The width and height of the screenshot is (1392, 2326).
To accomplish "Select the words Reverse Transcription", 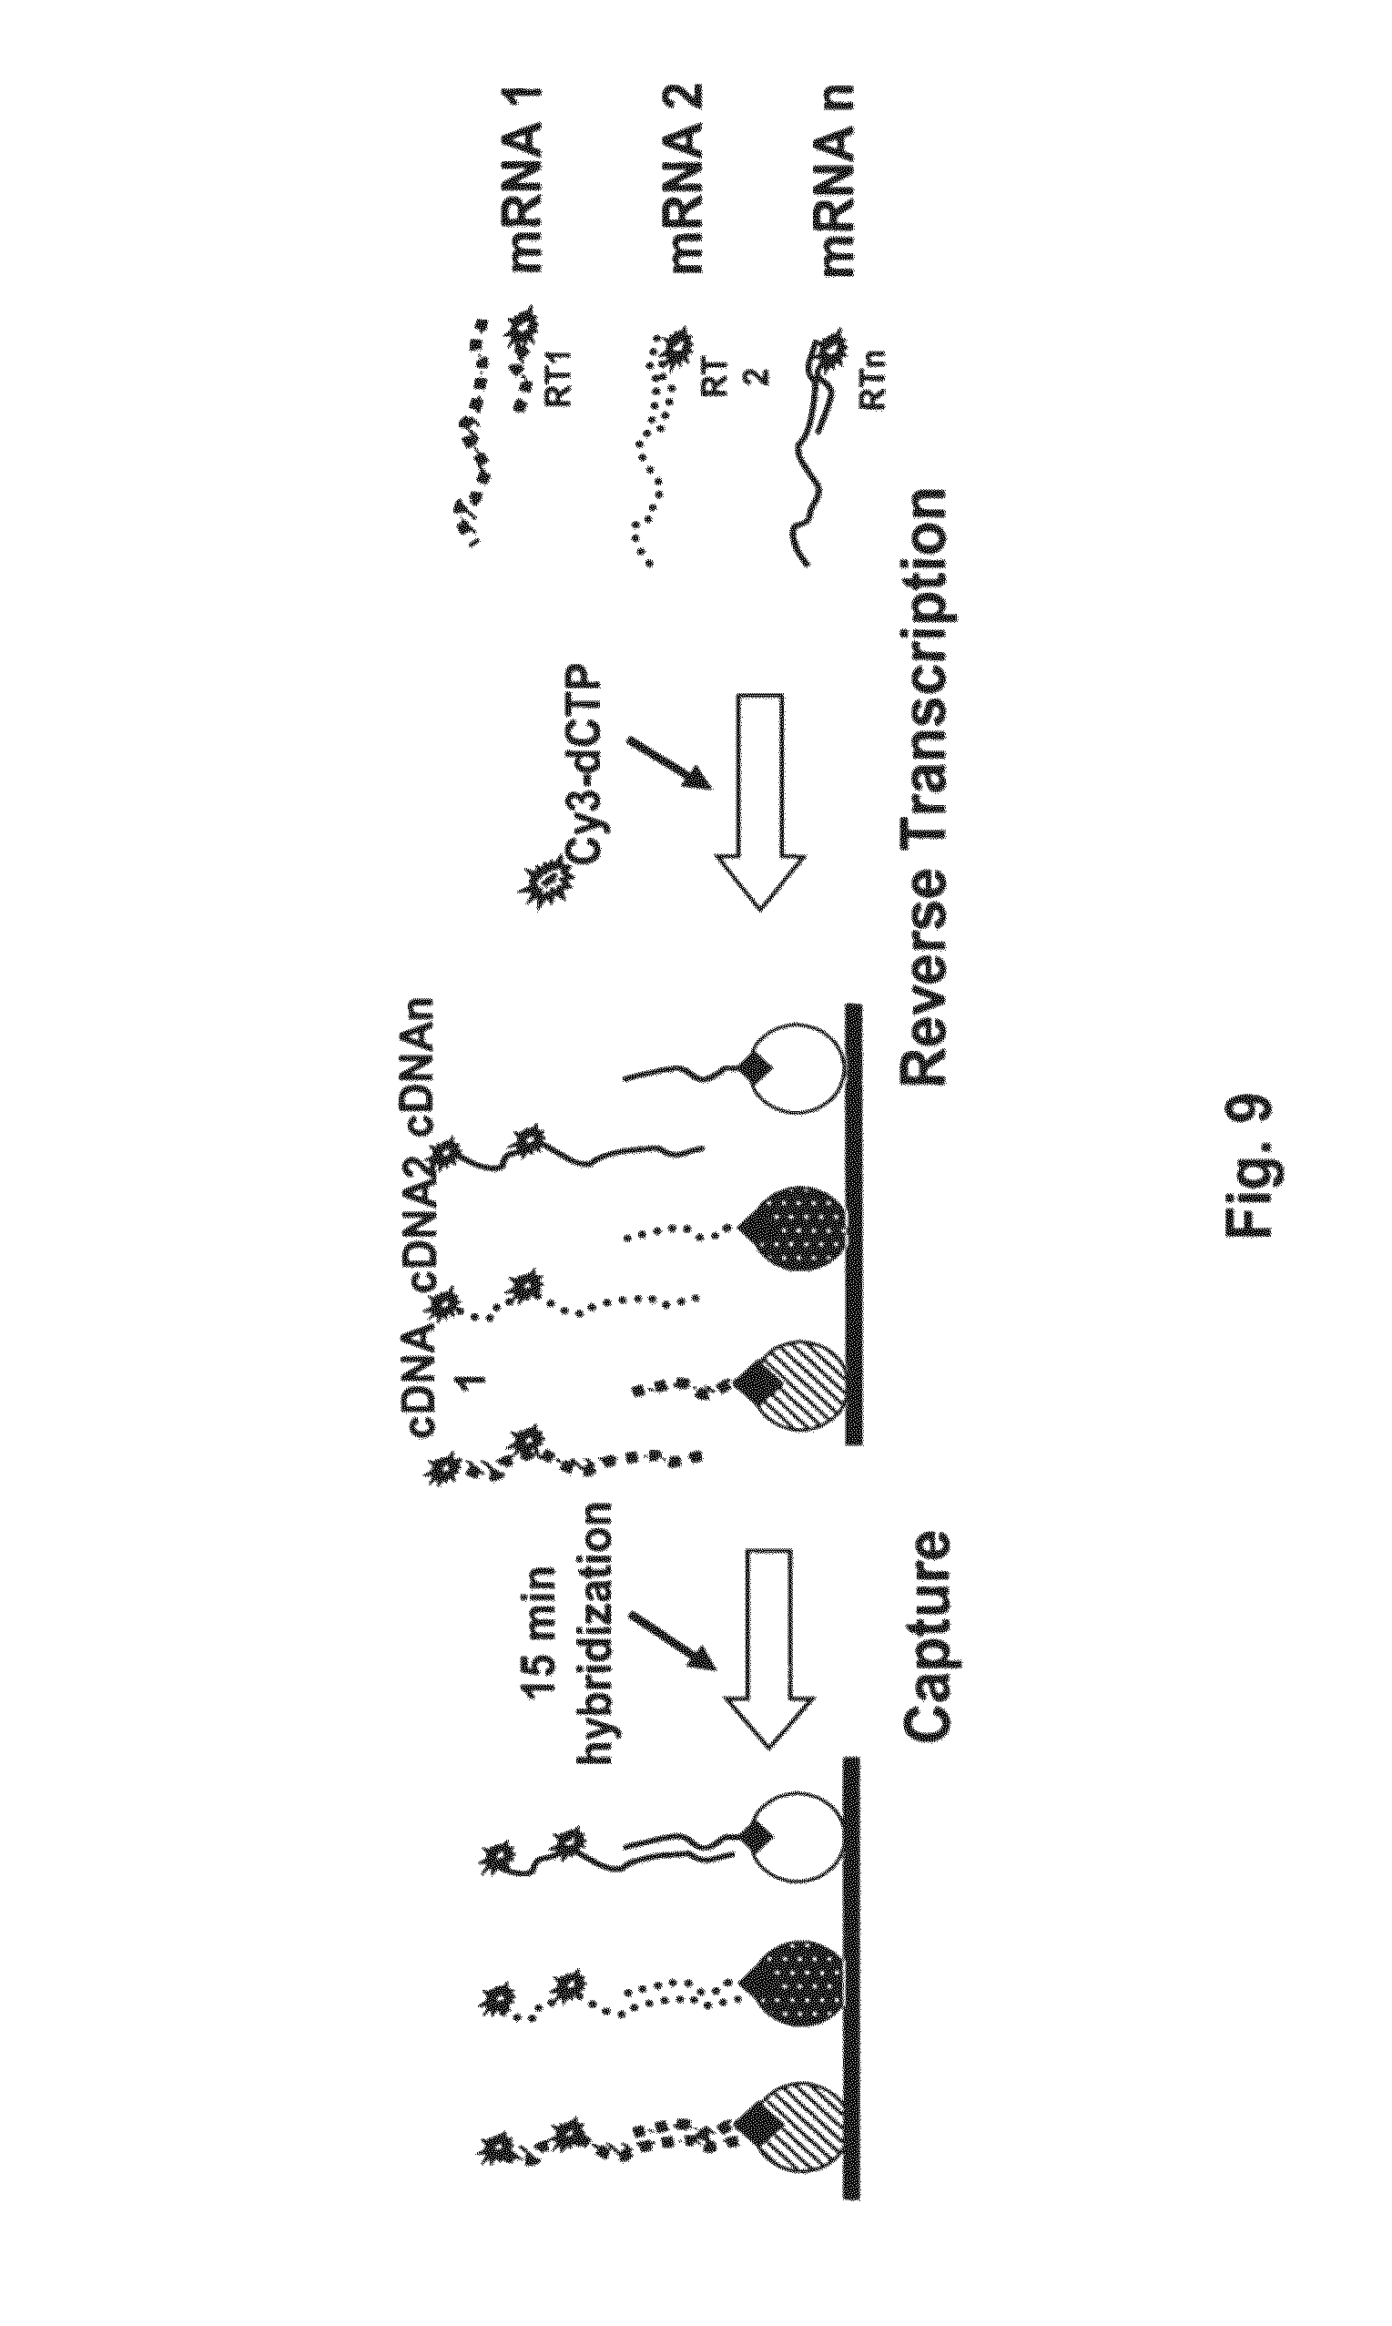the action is coord(925,787).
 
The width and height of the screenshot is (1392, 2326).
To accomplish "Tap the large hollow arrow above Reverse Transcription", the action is coord(760,802).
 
